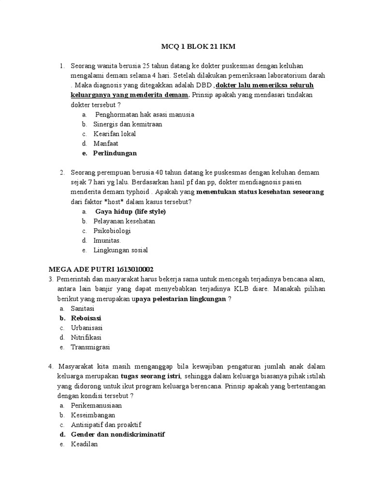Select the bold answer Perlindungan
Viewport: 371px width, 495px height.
115,153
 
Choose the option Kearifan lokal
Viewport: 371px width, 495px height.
114,134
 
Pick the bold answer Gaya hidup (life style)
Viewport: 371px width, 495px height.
130,212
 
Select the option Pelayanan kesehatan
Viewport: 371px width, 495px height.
124,221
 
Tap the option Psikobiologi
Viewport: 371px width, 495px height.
112,231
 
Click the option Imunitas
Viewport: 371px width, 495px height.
107,241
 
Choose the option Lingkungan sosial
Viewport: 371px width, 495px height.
120,250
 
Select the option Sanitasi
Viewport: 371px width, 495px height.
83,308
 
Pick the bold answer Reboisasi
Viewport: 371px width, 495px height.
86,318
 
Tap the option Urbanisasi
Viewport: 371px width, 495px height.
86,328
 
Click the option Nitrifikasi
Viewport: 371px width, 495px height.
86,337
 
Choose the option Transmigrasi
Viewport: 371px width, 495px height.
90,347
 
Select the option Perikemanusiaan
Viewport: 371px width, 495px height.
96,405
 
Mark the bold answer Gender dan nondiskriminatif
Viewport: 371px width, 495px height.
118,435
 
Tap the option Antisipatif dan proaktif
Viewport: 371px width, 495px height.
106,425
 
